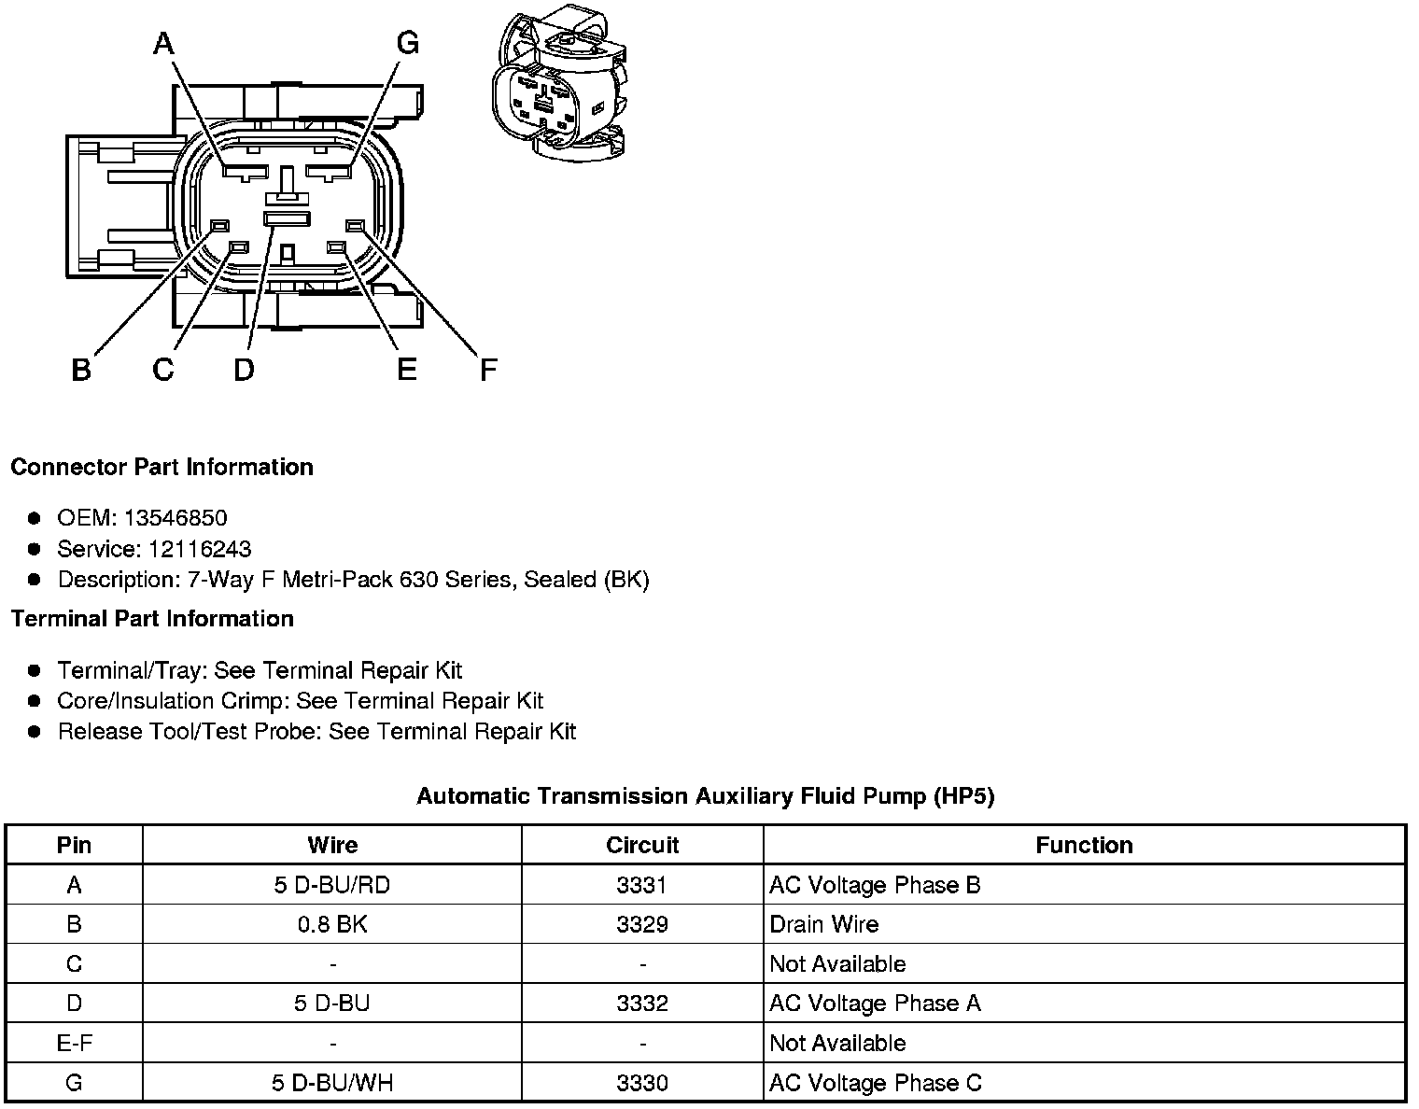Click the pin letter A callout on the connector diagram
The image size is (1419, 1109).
point(163,43)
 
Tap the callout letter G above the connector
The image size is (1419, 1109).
point(407,43)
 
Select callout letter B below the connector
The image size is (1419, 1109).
point(81,371)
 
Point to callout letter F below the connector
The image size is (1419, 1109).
point(488,371)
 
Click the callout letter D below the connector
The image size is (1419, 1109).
point(244,371)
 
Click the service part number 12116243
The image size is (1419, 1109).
point(200,549)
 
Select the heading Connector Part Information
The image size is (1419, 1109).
point(162,467)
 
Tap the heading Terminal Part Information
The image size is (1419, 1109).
point(152,619)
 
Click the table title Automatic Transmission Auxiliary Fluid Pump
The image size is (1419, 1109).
point(705,796)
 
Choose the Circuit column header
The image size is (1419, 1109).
point(642,845)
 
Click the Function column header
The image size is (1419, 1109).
point(1084,845)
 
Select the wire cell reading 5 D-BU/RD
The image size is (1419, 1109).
point(332,885)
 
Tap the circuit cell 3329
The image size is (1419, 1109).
point(642,924)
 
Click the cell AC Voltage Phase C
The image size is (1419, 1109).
point(875,1083)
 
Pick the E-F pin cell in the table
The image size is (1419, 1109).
point(74,1043)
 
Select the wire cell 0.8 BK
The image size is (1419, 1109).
point(332,924)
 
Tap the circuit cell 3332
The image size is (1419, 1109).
point(642,1004)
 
